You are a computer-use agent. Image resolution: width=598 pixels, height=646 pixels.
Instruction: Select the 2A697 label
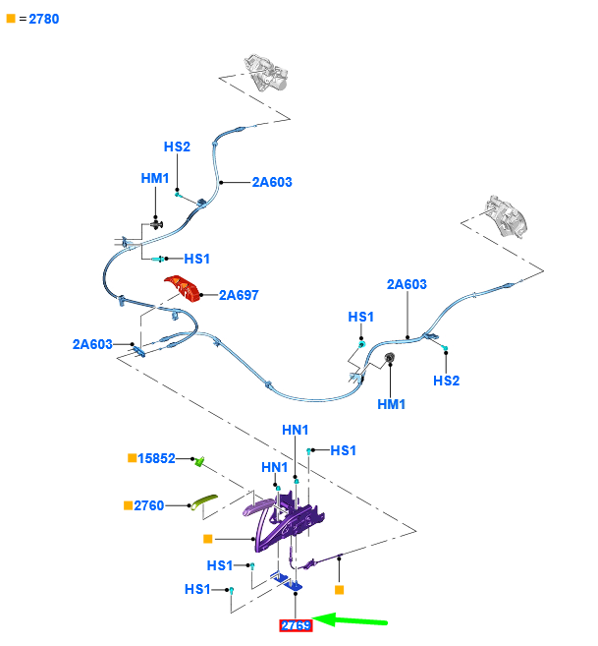point(239,294)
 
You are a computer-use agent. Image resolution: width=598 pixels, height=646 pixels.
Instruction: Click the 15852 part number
point(156,458)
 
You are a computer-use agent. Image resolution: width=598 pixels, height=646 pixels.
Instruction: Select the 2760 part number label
point(149,505)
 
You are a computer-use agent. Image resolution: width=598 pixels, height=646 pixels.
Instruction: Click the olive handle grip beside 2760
point(203,503)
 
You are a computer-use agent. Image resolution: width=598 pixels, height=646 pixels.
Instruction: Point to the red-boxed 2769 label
point(296,626)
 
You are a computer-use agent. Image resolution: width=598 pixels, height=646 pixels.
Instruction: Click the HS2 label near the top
point(177,147)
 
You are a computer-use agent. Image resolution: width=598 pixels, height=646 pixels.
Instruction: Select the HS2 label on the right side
point(447,381)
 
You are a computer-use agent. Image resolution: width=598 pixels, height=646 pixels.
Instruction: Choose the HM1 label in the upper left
point(155,178)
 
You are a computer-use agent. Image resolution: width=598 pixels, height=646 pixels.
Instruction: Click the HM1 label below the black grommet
point(391,403)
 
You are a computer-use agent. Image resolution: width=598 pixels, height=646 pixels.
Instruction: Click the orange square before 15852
point(132,458)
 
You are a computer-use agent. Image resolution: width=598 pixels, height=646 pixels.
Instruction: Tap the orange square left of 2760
point(128,505)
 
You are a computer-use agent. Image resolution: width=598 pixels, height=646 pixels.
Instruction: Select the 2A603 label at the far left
point(92,344)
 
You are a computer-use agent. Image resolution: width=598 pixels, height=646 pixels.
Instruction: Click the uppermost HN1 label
point(296,430)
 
